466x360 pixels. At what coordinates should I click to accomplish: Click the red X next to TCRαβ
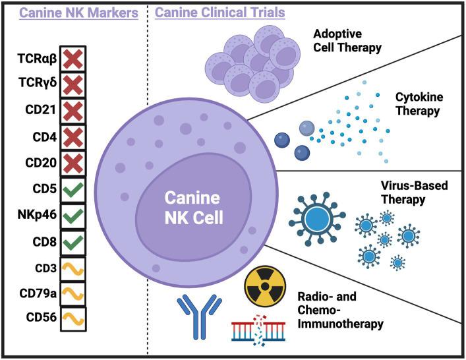click(73, 58)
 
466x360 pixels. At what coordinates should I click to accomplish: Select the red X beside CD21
click(73, 109)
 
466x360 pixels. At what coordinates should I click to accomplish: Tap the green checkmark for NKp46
click(73, 214)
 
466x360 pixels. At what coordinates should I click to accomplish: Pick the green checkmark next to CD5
click(73, 188)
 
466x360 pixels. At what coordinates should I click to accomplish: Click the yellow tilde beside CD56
click(73, 316)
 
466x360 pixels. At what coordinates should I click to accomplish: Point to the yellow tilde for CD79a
click(73, 291)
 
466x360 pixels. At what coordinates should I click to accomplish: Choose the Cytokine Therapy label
click(417, 104)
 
